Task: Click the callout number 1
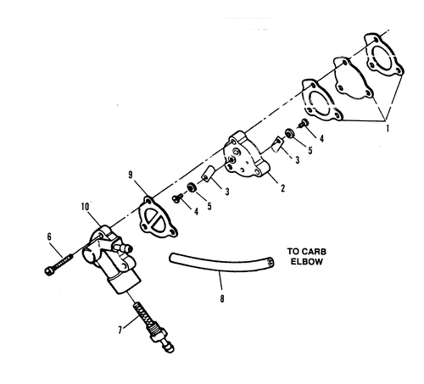[x=388, y=128]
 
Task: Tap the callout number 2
[x=282, y=188]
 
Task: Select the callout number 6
[x=49, y=237]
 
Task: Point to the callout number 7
[x=120, y=330]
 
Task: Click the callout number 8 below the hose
[x=222, y=298]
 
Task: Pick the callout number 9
[x=131, y=175]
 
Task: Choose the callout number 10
[x=85, y=207]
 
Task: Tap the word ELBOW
[x=307, y=261]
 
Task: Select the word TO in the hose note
[x=293, y=252]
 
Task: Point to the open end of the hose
[x=271, y=262]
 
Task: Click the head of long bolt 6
[x=50, y=271]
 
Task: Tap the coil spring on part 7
[x=145, y=316]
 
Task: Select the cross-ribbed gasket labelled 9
[x=157, y=218]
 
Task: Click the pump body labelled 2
[x=247, y=154]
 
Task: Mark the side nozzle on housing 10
[x=123, y=248]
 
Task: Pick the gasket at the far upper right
[x=383, y=55]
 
